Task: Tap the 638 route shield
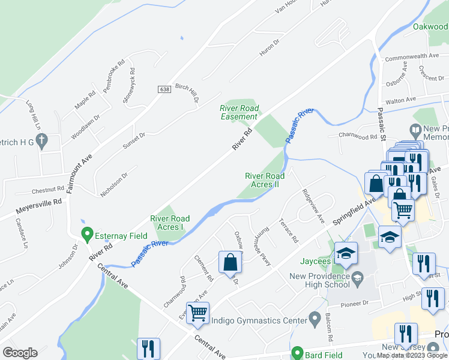(164, 89)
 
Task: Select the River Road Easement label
(240, 112)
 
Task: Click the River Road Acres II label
(262, 180)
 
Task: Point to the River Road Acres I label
(170, 223)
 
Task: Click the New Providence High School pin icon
(357, 277)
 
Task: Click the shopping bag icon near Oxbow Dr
(230, 263)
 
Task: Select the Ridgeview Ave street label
(313, 206)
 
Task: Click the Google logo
(20, 353)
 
